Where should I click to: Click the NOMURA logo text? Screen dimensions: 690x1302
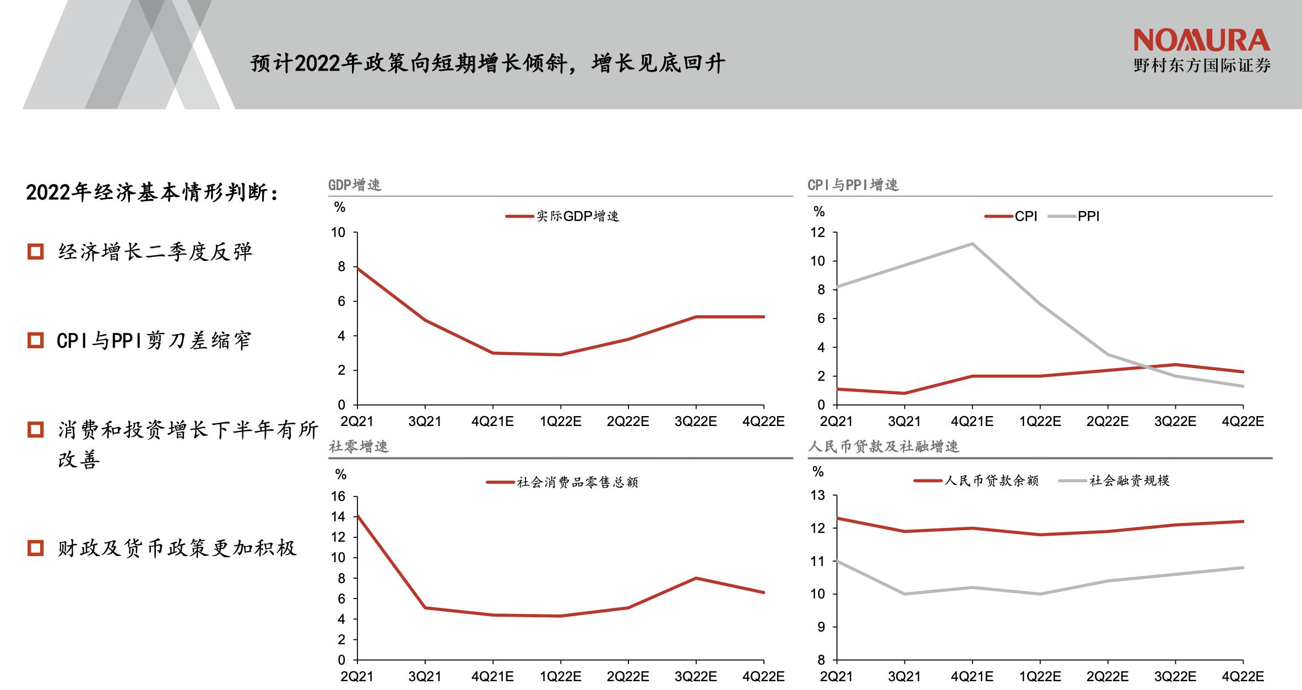pos(1201,41)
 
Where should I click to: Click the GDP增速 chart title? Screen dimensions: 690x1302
pos(355,185)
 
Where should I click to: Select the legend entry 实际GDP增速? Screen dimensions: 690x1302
pos(577,217)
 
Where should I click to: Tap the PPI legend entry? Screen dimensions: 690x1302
pos(1088,217)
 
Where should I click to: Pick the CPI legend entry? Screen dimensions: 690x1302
pos(1026,217)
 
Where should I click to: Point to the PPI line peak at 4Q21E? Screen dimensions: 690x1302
pos(972,244)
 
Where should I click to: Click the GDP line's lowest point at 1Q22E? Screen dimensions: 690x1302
pos(560,354)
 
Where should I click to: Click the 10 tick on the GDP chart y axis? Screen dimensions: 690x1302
pos(338,233)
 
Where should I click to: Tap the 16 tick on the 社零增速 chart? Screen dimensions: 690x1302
pos(338,497)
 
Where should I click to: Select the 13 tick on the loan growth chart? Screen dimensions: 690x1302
pos(818,495)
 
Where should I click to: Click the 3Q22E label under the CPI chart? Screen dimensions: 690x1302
pos(1175,422)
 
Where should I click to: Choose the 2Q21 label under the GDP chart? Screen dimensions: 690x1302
pos(357,422)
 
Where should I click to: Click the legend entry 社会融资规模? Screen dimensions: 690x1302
pos(1129,481)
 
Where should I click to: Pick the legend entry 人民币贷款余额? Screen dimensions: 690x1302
pos(991,481)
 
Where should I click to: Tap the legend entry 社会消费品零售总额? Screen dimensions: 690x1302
pos(577,483)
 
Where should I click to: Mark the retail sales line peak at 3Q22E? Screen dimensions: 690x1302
pos(696,578)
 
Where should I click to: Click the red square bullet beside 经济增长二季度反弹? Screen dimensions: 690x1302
pos(35,252)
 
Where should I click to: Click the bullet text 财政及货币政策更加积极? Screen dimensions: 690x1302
pos(177,548)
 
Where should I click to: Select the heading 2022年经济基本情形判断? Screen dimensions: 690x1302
pos(152,193)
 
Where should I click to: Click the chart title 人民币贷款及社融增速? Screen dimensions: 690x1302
pos(883,446)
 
